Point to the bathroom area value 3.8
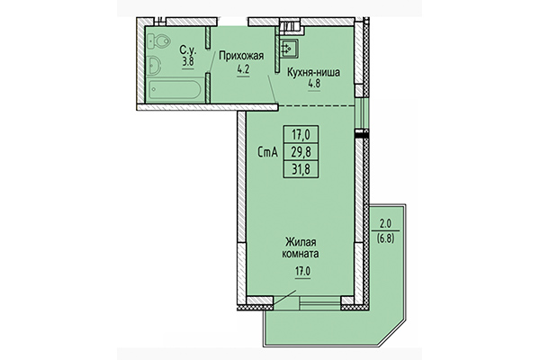click(188, 62)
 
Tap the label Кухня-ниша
click(313, 75)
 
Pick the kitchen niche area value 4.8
click(314, 86)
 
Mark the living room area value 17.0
click(301, 267)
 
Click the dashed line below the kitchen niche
click(315, 106)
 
